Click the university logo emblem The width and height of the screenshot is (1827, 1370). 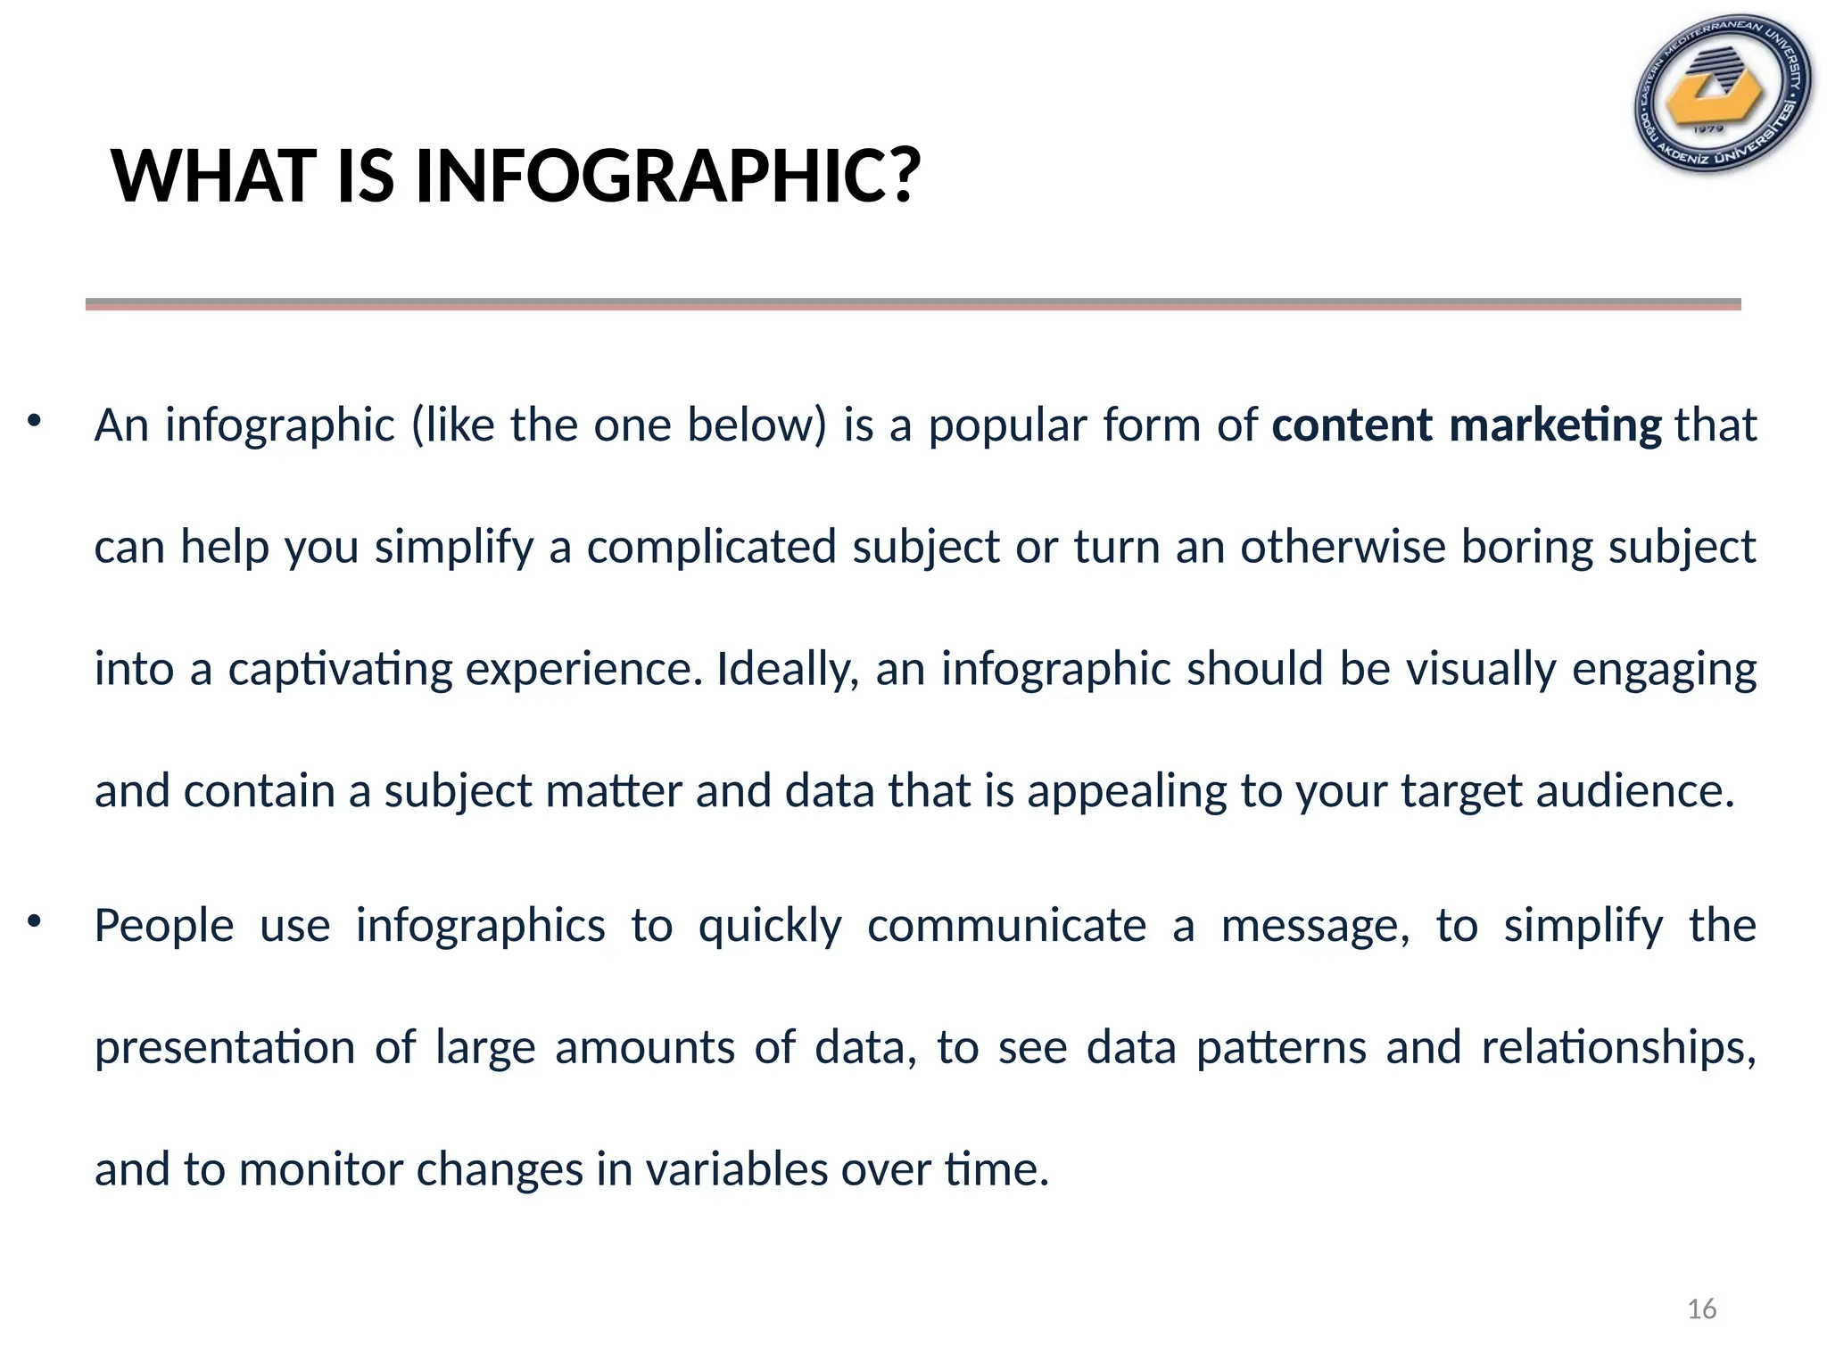(x=1723, y=94)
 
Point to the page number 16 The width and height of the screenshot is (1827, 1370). (x=1701, y=1309)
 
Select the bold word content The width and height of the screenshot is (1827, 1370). (x=1352, y=425)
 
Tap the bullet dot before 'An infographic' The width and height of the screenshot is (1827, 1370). (x=35, y=420)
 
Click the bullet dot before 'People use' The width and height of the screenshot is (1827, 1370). (x=35, y=920)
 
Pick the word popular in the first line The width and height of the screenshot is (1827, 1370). (x=1007, y=426)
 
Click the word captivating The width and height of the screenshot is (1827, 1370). (x=340, y=670)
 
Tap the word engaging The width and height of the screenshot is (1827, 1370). (x=1664, y=670)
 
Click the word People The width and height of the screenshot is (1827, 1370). (x=164, y=926)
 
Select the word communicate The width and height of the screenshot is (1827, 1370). (x=1006, y=926)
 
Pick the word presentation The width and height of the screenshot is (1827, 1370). (x=225, y=1048)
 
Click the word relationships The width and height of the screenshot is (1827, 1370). (x=1617, y=1048)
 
